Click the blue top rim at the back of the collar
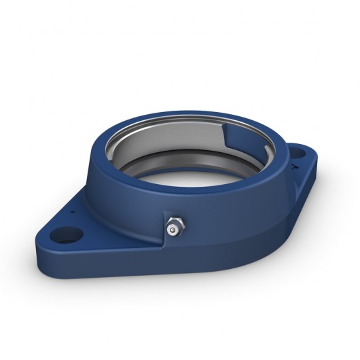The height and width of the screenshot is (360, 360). point(183,110)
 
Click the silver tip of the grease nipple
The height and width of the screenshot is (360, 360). point(176,232)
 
